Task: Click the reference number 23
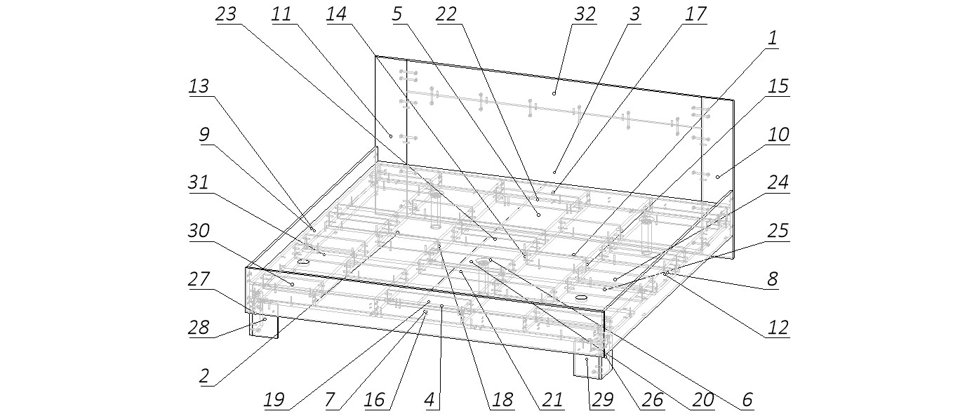(227, 15)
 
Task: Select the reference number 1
(772, 39)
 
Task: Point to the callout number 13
(199, 86)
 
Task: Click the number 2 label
(204, 375)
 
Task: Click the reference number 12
(778, 326)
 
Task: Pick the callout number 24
(778, 183)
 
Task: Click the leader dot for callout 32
(554, 93)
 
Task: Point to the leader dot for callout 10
(718, 177)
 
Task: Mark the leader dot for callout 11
(391, 135)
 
